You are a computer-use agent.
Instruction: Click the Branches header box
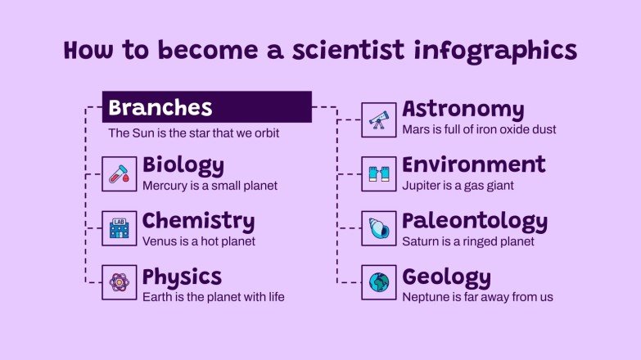coord(206,107)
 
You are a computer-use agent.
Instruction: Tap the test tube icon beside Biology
coord(119,174)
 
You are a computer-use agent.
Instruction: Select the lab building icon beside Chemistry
coord(119,229)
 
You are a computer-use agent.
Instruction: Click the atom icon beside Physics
coord(119,283)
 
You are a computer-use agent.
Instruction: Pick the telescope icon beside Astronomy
coord(378,119)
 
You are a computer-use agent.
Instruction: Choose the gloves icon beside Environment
coord(378,174)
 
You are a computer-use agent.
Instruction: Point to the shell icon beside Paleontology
coord(378,229)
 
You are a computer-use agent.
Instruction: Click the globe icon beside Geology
coord(378,283)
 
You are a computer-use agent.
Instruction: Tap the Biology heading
coord(183,165)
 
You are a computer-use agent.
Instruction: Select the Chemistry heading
coord(198,221)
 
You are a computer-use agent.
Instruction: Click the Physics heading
coord(182,277)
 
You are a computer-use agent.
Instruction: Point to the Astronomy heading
coord(463,110)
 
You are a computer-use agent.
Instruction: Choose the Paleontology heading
coord(474,221)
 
